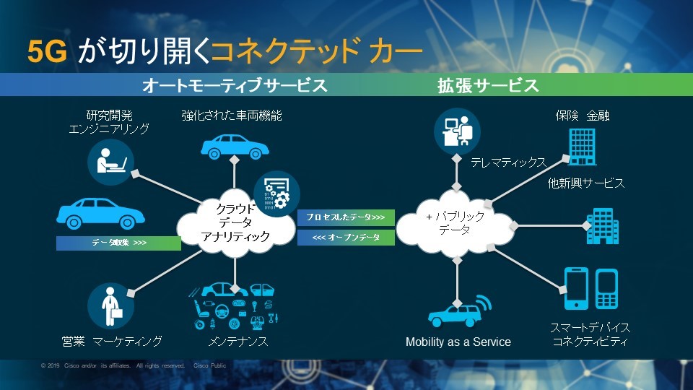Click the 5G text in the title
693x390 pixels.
(48, 51)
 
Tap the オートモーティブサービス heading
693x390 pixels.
(235, 86)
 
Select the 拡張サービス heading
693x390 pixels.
(488, 86)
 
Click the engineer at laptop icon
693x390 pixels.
(110, 160)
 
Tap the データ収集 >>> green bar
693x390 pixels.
(118, 243)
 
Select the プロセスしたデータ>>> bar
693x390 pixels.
(345, 217)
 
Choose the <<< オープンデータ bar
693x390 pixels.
(345, 237)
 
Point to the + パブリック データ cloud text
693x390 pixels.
(456, 222)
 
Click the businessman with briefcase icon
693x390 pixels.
(110, 306)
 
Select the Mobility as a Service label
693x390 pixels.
(458, 342)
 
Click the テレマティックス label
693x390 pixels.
(508, 163)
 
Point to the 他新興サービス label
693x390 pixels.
(585, 183)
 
